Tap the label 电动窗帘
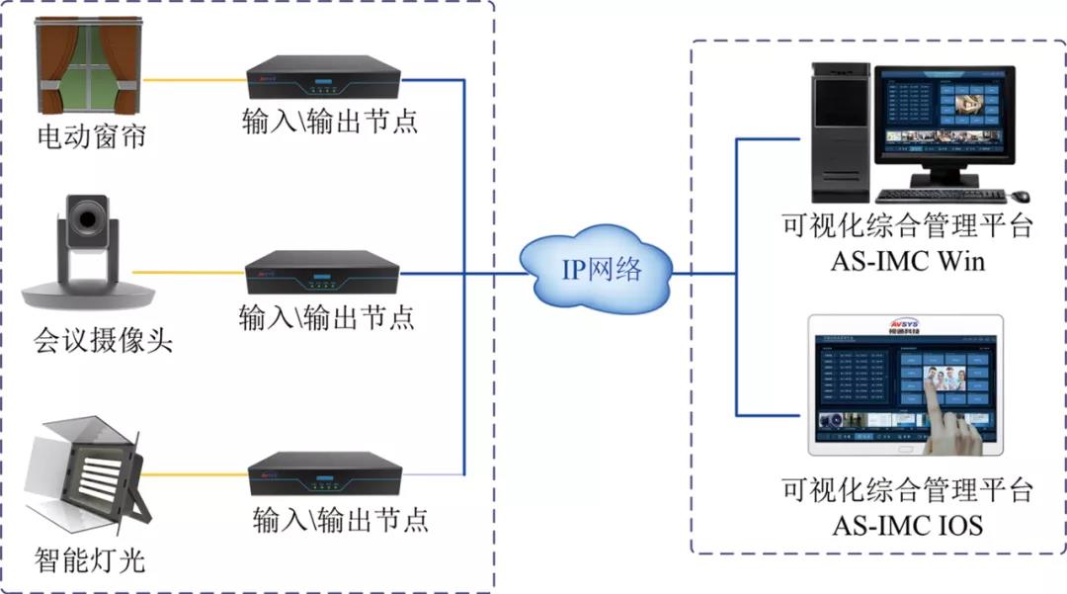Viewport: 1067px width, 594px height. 92,136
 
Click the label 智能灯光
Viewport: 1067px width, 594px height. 90,560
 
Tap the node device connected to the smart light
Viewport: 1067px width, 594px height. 324,474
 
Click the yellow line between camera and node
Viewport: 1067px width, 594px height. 187,271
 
